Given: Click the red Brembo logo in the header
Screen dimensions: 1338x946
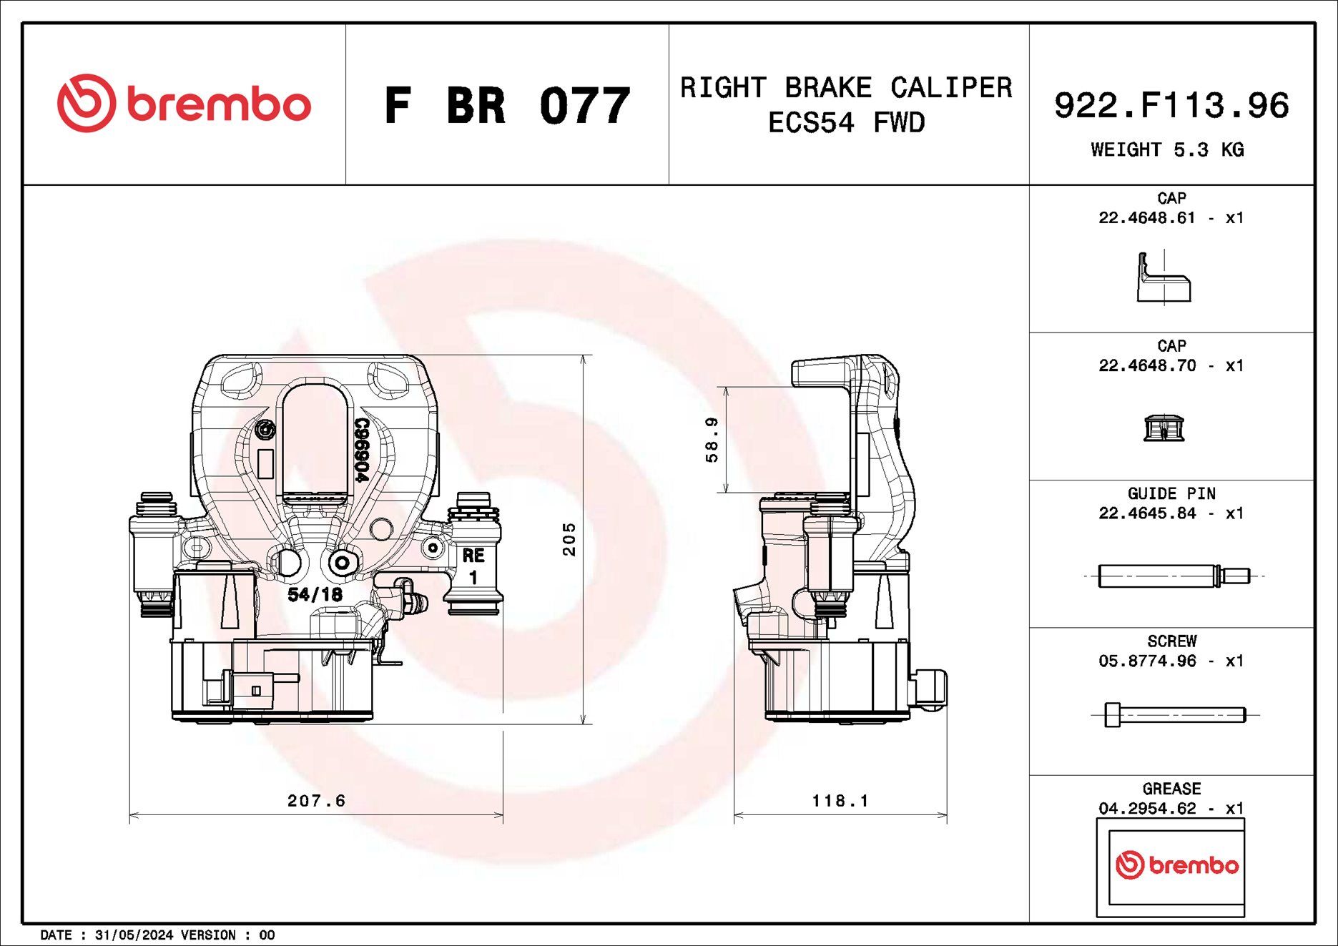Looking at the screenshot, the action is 185,103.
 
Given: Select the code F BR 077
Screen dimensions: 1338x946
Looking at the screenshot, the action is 507,106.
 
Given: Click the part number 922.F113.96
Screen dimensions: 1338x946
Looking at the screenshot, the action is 1171,105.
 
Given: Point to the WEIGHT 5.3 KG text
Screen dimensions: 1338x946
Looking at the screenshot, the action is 1167,149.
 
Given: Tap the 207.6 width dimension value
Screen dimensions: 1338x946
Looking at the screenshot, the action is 316,801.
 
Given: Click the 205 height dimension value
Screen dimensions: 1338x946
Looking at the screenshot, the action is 569,538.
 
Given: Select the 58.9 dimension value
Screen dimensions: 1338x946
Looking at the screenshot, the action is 712,440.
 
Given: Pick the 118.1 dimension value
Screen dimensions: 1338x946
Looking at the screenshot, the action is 840,801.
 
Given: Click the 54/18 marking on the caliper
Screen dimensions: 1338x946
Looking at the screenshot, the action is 315,594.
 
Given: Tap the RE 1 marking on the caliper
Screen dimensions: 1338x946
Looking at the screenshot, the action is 473,566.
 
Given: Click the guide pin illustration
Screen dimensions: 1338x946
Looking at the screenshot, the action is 1174,576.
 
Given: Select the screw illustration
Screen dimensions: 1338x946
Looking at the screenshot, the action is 1175,714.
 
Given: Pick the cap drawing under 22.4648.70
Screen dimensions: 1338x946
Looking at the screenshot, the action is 1164,428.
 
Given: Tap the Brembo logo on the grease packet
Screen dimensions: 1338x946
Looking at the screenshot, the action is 1177,865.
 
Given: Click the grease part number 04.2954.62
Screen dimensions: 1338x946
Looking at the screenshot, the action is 1147,809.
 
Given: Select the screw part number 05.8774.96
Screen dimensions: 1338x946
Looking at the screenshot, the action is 1147,661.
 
